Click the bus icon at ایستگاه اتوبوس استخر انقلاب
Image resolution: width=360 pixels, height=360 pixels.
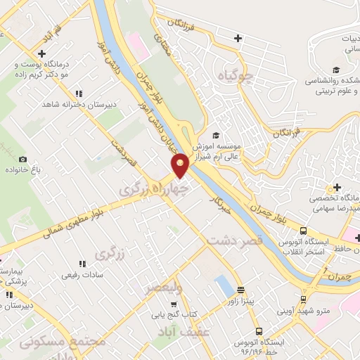pyautogui.click(x=303, y=231)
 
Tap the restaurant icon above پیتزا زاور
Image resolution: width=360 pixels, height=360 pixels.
pyautogui.click(x=240, y=289)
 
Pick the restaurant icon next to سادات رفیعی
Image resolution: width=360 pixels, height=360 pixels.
pyautogui.click(x=83, y=264)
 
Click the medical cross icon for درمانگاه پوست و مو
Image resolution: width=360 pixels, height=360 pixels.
pyautogui.click(x=43, y=53)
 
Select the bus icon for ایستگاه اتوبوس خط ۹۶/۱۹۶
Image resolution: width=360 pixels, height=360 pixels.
pyautogui.click(x=259, y=331)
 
